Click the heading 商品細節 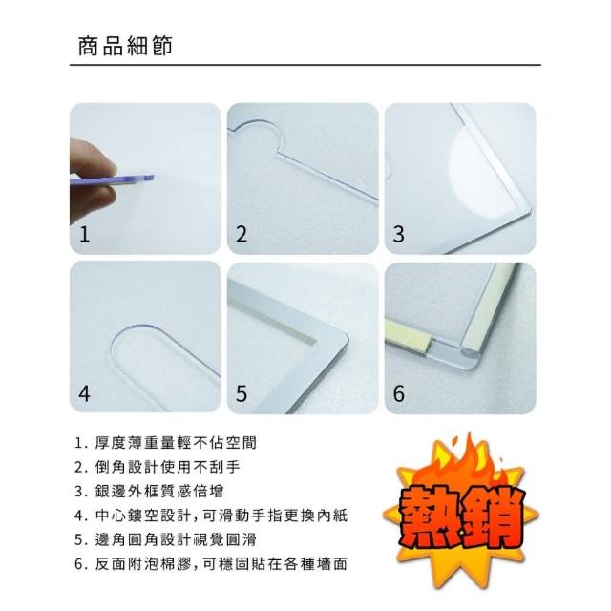(x=125, y=47)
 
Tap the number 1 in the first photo (x=84, y=234)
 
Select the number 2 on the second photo (x=242, y=234)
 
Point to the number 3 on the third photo (x=399, y=234)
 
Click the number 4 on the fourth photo (x=85, y=393)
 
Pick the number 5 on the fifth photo (x=242, y=393)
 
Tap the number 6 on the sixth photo (x=399, y=393)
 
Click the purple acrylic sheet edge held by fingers (x=113, y=179)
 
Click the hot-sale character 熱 (x=429, y=517)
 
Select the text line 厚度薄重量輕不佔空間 (x=176, y=443)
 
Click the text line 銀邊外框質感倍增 (x=159, y=492)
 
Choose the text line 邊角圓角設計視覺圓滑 (x=176, y=539)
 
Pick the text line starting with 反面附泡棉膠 (x=221, y=564)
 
